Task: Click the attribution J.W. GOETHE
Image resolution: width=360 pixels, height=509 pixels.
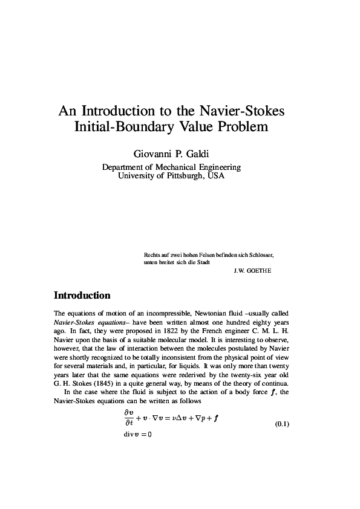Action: pyautogui.click(x=252, y=270)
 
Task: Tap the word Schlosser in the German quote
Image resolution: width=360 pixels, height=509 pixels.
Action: pyautogui.click(x=261, y=255)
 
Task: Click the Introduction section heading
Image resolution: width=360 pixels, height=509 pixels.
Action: pyautogui.click(x=82, y=296)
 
